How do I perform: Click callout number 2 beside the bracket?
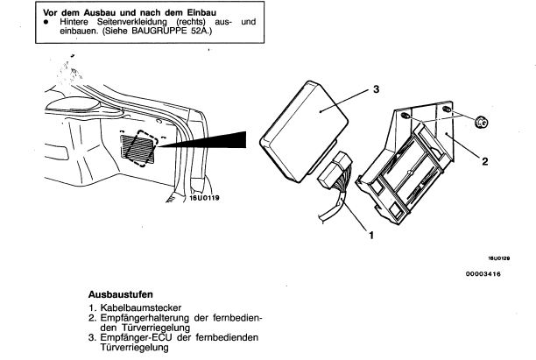click(483, 162)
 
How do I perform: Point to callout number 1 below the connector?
click(370, 234)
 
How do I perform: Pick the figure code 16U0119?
click(201, 198)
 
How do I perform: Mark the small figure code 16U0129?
click(499, 259)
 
